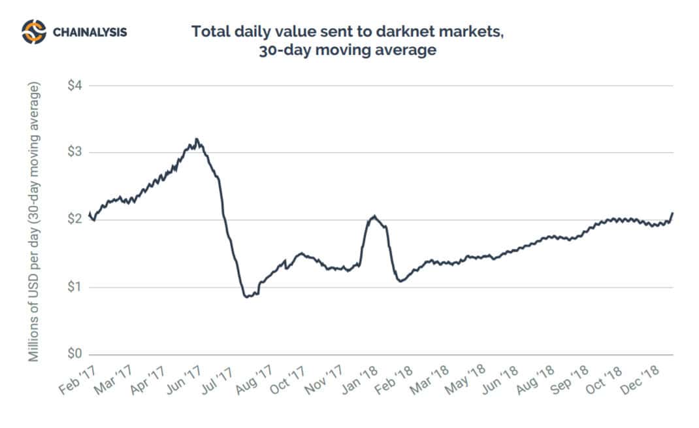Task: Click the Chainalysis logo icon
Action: (34, 31)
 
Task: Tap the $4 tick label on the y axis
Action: (76, 86)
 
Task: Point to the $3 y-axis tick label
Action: (76, 152)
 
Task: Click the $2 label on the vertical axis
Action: (76, 220)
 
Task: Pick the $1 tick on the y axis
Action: (76, 287)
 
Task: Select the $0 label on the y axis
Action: (76, 354)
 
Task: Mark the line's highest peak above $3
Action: (196, 139)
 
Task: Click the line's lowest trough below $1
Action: (246, 297)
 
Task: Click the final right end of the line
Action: (672, 213)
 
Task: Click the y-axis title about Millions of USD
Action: (35, 222)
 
